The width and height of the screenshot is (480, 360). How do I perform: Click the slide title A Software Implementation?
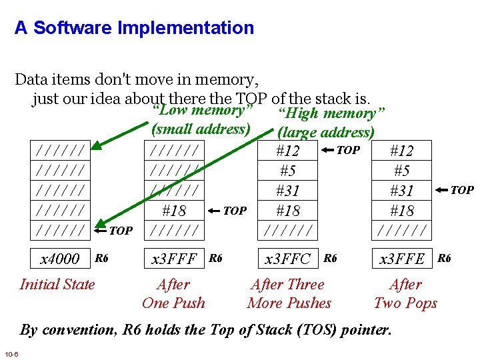pos(134,28)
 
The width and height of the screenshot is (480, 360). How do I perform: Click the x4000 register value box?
pos(60,259)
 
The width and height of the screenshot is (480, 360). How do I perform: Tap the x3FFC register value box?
pos(287,259)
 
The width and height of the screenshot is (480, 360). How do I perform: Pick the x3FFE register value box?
pos(402,259)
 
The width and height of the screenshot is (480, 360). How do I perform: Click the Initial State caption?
pos(57,285)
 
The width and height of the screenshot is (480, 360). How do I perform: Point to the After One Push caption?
pos(173,294)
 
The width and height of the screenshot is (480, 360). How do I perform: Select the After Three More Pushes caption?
pos(289,294)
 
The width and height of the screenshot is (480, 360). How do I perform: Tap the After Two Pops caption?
pos(405,294)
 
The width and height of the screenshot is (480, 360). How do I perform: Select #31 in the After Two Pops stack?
pos(402,191)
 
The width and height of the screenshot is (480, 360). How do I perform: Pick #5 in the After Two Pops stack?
pos(402,171)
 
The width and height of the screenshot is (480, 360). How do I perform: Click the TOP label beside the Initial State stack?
pos(121,231)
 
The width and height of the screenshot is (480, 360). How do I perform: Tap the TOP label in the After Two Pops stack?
pos(462,191)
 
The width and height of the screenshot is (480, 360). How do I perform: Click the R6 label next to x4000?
pos(101,257)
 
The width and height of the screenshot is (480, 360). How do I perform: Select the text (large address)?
pos(326,132)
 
